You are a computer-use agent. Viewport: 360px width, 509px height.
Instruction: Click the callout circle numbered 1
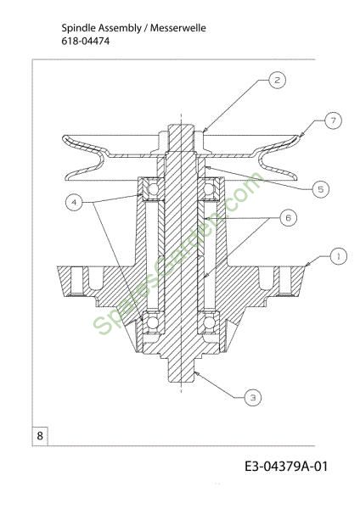(x=338, y=256)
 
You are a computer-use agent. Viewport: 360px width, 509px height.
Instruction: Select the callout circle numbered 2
(x=277, y=80)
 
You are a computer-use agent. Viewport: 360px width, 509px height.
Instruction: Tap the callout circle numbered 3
(x=253, y=397)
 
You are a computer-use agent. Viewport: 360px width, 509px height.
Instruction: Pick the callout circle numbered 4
(x=74, y=202)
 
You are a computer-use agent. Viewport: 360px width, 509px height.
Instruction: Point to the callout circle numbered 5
(x=321, y=189)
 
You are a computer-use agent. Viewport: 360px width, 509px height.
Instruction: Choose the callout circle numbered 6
(x=288, y=218)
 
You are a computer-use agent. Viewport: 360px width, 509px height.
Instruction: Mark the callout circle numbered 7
(x=334, y=120)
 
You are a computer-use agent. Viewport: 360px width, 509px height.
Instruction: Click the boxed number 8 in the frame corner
(x=40, y=435)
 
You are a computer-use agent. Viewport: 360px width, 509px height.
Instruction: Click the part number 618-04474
(x=86, y=42)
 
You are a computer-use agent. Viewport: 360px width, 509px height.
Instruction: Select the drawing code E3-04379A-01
(x=286, y=466)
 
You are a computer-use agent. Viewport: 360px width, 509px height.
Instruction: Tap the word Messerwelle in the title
(x=178, y=28)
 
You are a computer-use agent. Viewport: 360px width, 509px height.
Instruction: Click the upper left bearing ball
(x=152, y=189)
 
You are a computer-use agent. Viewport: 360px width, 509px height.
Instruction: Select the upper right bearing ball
(x=209, y=189)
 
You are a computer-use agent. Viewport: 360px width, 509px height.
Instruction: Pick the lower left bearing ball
(x=152, y=322)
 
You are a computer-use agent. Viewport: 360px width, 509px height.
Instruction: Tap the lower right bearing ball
(x=209, y=322)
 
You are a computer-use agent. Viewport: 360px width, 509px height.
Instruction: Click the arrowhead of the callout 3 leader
(x=197, y=374)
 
